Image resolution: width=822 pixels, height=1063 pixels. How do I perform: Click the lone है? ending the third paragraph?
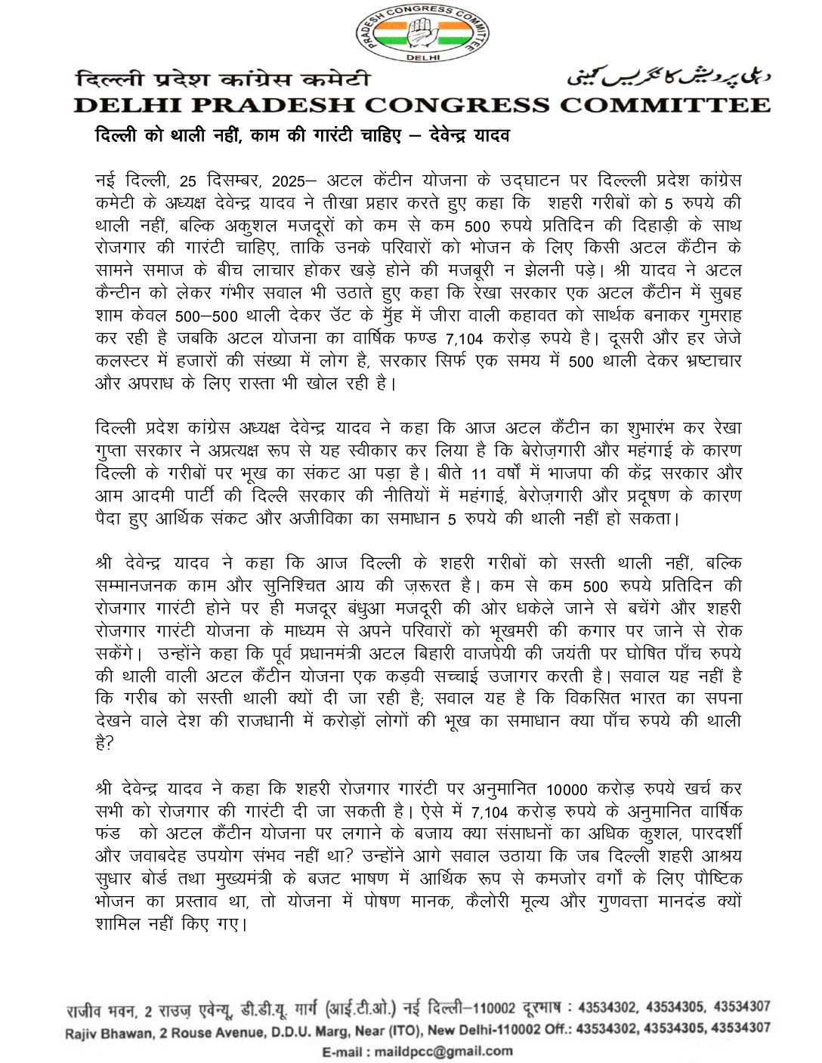pos(104,743)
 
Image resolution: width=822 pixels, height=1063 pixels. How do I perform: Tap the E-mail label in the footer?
pos(347,1050)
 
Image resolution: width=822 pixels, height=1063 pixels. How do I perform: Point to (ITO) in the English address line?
pos(404,1029)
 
